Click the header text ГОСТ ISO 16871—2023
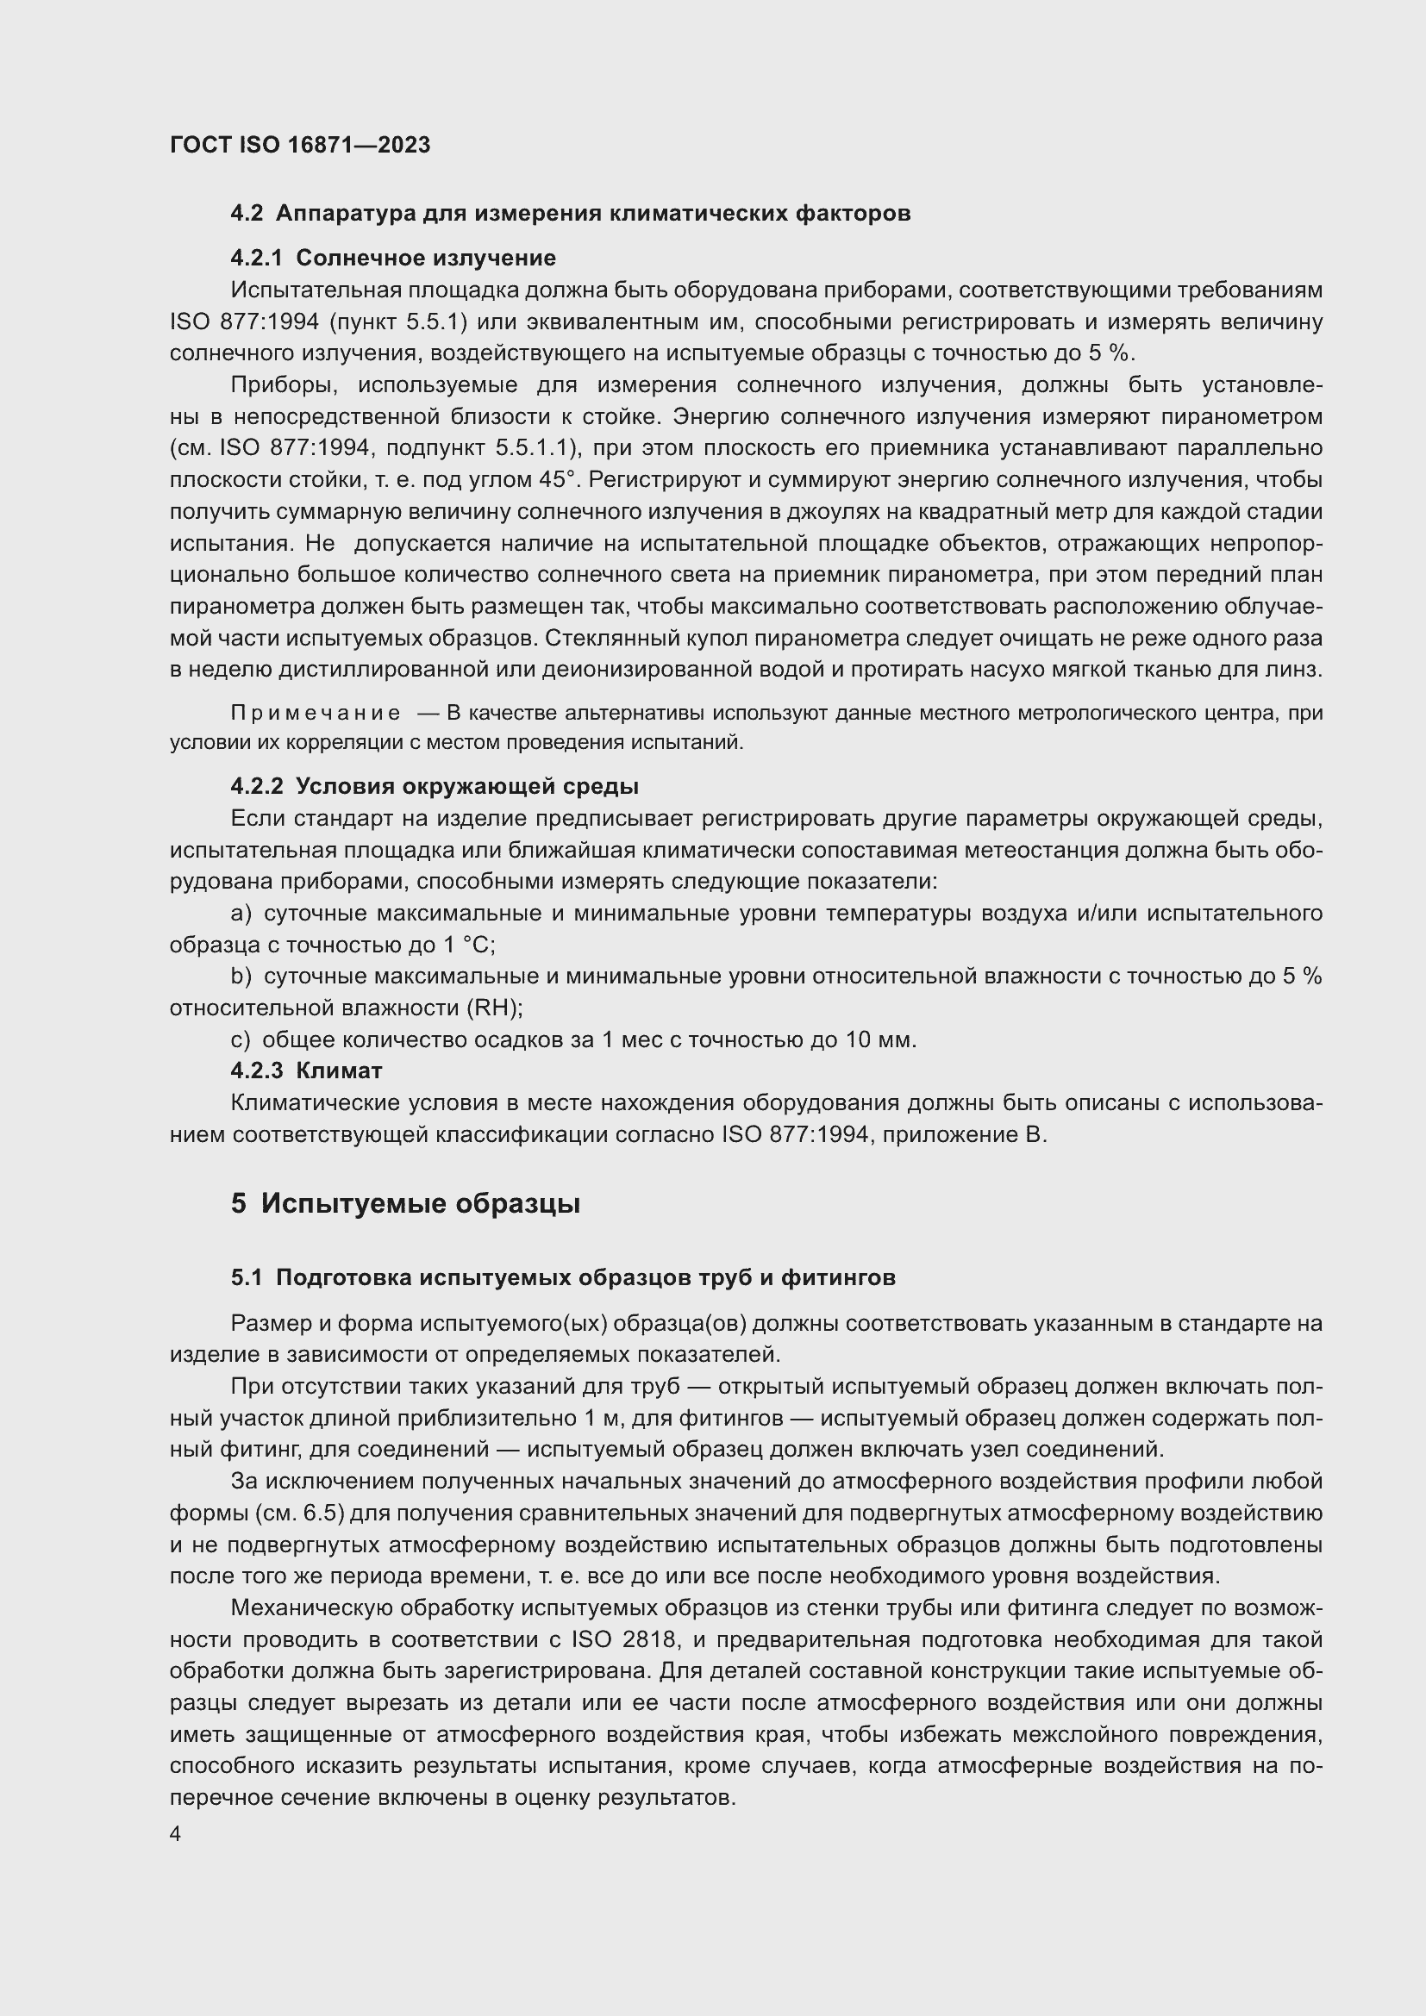click(299, 146)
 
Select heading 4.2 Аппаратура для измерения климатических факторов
click(570, 214)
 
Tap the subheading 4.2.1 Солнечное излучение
click(393, 259)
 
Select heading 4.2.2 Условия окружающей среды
click(435, 786)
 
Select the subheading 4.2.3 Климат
click(306, 1071)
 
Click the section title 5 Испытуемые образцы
click(406, 1204)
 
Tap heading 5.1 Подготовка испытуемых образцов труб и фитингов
click(563, 1278)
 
